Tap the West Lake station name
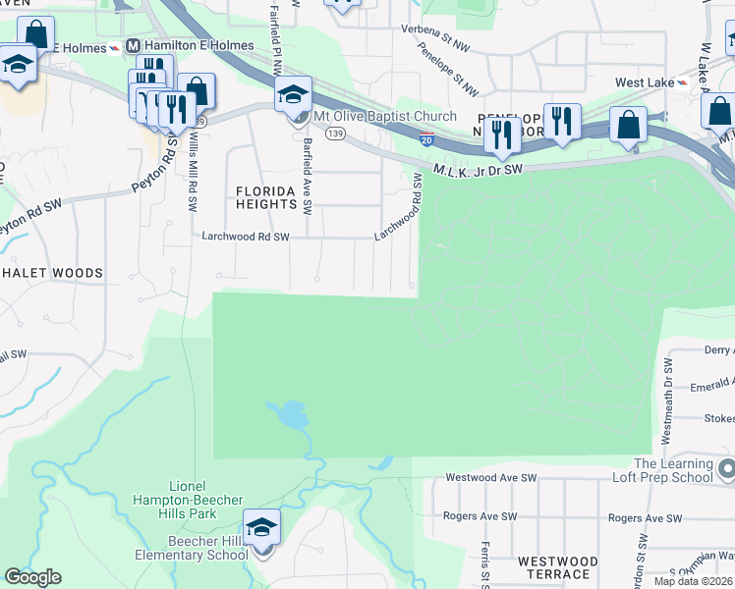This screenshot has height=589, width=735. [644, 82]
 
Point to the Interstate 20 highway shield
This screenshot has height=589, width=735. [426, 140]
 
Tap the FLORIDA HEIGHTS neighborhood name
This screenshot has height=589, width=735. [265, 196]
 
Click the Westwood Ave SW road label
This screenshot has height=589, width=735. [490, 478]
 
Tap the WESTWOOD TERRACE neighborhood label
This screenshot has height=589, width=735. [557, 567]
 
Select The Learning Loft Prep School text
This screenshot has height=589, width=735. [673, 471]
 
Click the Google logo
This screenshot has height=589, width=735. [32, 577]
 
